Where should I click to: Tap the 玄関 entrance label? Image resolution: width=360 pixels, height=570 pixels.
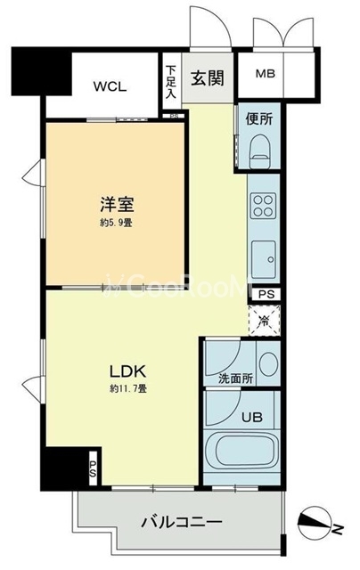tap(206, 77)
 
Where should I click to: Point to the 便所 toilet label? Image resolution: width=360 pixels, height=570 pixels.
tap(259, 118)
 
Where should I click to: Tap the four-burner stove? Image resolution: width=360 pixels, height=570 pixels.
tap(263, 206)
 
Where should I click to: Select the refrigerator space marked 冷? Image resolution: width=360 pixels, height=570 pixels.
tap(265, 318)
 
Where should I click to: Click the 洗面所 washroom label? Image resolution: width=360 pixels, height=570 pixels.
tap(236, 378)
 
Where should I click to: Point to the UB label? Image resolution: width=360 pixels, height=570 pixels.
tap(250, 415)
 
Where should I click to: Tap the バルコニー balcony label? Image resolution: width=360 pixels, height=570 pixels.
tap(181, 520)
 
